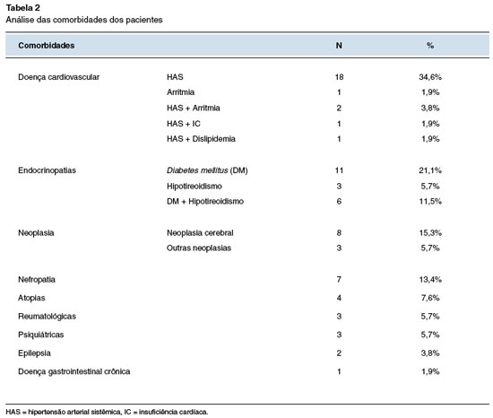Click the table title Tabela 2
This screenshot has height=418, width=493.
[23, 7]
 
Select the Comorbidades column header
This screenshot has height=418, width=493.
[47, 45]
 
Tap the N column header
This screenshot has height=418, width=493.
[339, 45]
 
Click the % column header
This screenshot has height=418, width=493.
[430, 45]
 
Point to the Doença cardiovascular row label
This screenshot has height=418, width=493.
[59, 77]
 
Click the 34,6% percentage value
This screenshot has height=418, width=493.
[430, 77]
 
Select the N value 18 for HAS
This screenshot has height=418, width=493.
[339, 77]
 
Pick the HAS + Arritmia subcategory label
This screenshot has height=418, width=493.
[194, 108]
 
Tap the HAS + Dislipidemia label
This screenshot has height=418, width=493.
[201, 139]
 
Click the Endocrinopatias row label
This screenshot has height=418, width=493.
[48, 170]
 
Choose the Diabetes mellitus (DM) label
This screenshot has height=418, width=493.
[207, 170]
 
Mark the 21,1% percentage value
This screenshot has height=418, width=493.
[430, 170]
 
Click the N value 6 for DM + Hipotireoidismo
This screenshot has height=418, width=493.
[339, 201]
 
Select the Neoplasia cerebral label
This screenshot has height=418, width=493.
[200, 232]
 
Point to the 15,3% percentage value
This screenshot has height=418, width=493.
[430, 232]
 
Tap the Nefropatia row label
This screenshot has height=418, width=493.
[37, 279]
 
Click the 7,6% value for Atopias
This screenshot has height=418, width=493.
[430, 298]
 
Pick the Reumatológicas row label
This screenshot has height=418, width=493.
[48, 316]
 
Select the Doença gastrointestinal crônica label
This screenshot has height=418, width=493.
[74, 371]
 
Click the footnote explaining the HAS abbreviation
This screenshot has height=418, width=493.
[107, 412]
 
